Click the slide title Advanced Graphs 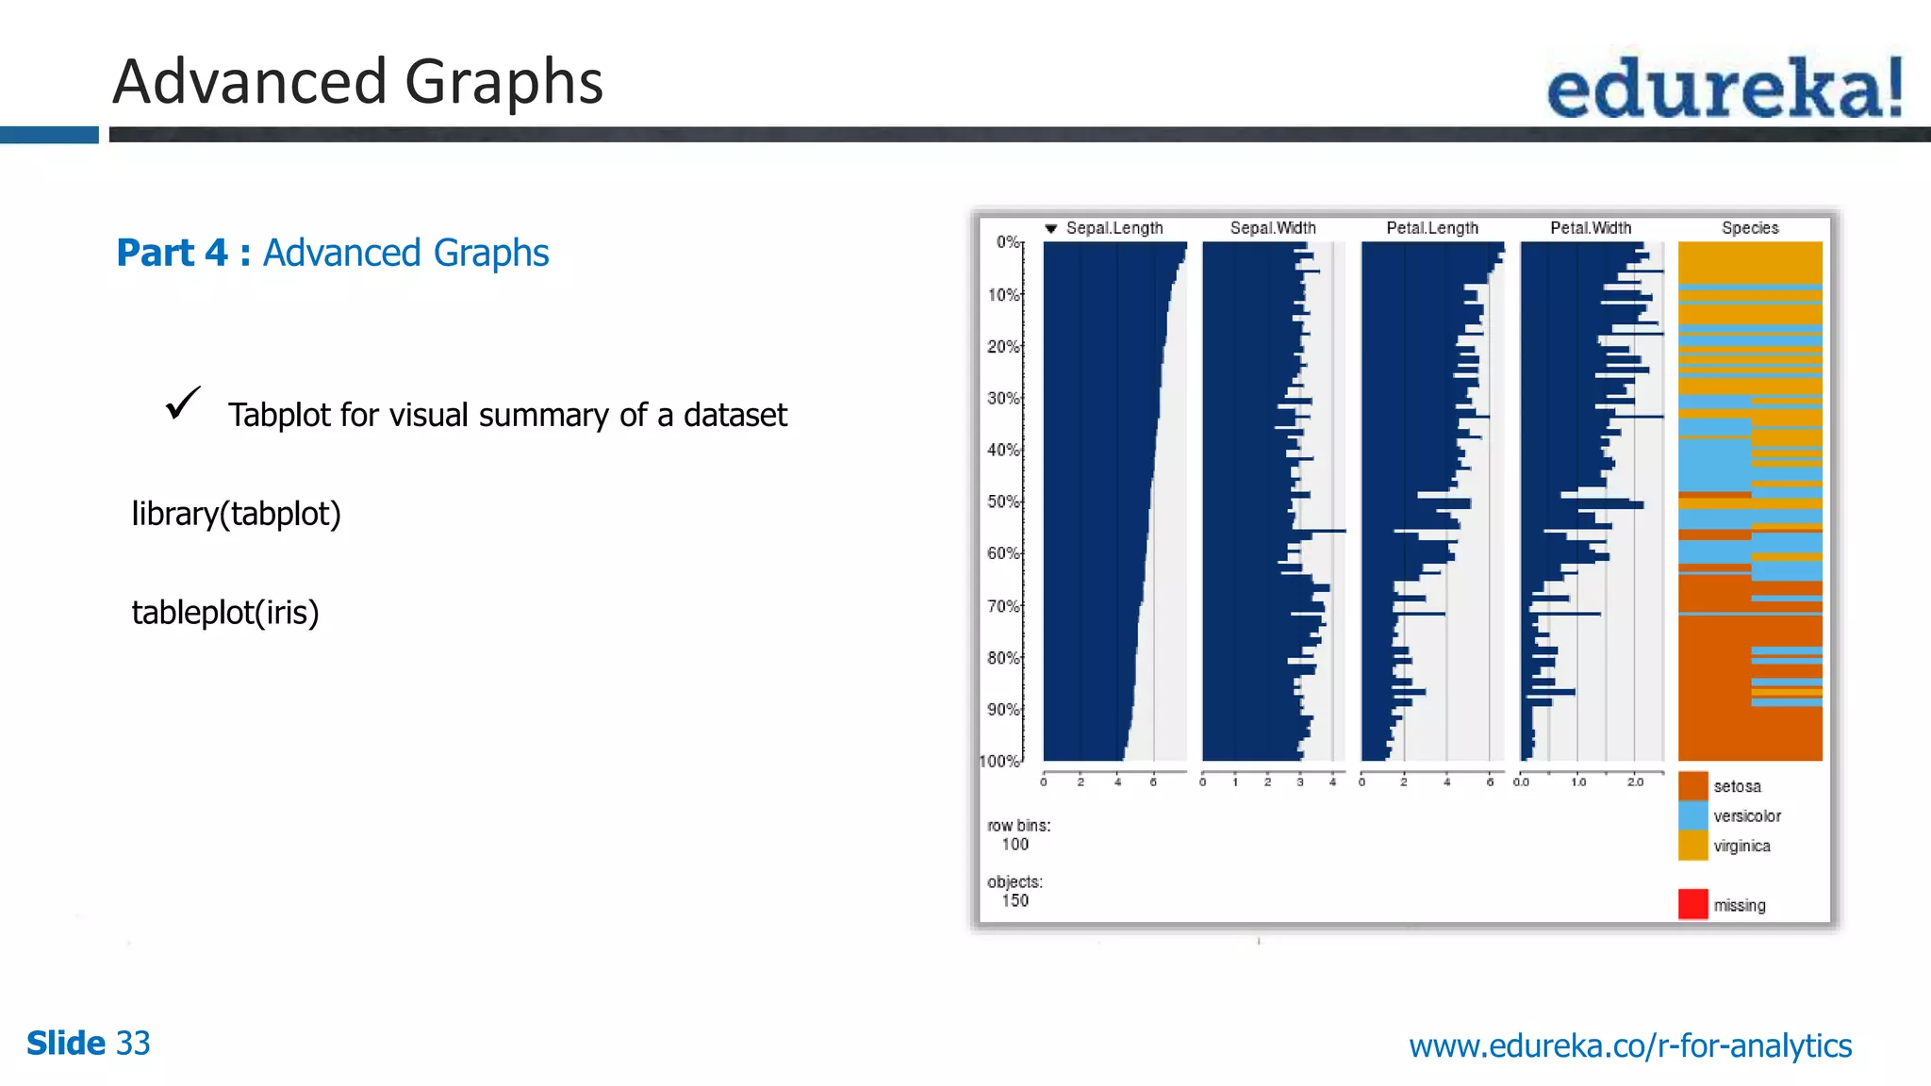[357, 81]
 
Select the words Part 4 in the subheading [172, 253]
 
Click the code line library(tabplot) [236, 514]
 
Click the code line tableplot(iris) [225, 613]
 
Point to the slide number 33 [133, 1043]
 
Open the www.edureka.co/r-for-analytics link [1629, 1045]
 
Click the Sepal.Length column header [1114, 228]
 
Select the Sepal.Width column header [1272, 228]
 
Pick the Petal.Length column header [1431, 228]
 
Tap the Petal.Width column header [1590, 228]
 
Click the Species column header [1749, 228]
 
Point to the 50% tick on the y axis [1003, 502]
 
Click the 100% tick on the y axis [999, 761]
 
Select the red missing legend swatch [1692, 904]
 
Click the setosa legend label [1737, 786]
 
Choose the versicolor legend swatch [1692, 815]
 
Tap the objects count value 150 [1015, 900]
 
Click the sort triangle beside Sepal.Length [1050, 229]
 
